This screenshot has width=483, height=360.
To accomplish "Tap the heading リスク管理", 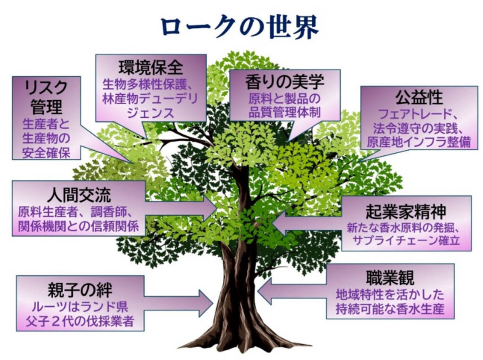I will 46,97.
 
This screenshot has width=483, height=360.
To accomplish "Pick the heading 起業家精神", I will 406,211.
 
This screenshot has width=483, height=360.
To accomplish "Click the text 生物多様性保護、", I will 150,86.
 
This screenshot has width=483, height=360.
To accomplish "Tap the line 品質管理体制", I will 285,113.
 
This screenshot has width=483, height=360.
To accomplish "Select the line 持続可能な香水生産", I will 390,310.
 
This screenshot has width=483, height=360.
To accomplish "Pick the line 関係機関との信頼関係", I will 78,226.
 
